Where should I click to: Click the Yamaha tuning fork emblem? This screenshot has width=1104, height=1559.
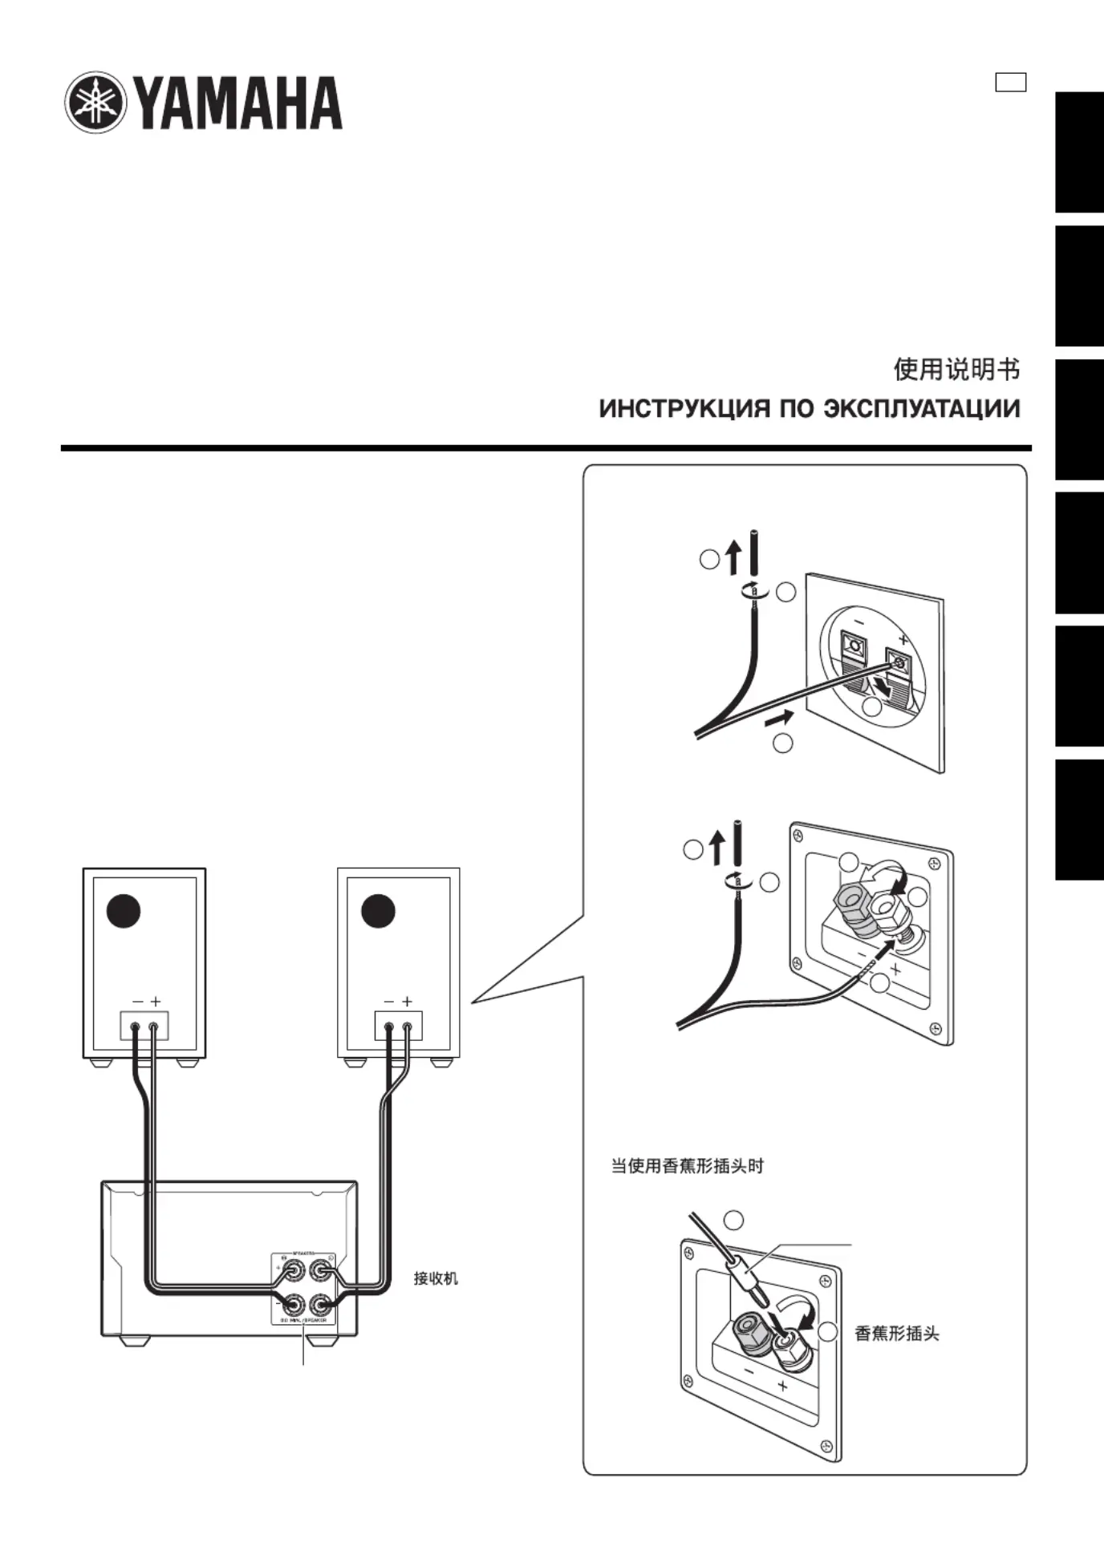click(x=95, y=103)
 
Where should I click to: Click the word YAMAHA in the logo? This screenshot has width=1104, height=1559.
click(x=239, y=103)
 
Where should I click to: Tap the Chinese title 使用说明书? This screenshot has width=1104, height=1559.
click(x=956, y=370)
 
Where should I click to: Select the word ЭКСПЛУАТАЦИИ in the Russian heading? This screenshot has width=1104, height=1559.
click(x=921, y=409)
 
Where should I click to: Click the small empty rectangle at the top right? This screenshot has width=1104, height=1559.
click(x=1010, y=83)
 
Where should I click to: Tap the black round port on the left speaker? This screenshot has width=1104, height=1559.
click(x=124, y=910)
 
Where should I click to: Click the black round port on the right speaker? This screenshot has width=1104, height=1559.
click(x=378, y=910)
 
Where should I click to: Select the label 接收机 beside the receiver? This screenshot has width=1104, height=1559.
click(x=436, y=1278)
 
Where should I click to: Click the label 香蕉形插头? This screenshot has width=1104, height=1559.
click(x=896, y=1334)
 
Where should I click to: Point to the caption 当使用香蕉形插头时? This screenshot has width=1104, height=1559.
click(x=688, y=1166)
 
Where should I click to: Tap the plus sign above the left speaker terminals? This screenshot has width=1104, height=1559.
click(x=156, y=1002)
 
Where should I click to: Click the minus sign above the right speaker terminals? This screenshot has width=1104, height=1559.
click(x=389, y=1002)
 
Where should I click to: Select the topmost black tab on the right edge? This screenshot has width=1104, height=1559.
click(x=1079, y=152)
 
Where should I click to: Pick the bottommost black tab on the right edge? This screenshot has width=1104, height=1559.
click(x=1079, y=820)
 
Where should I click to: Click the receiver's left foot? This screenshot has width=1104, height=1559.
click(x=133, y=1340)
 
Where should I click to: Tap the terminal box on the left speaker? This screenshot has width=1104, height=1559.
click(x=144, y=1026)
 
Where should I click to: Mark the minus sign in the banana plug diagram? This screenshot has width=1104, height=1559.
click(x=749, y=1372)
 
